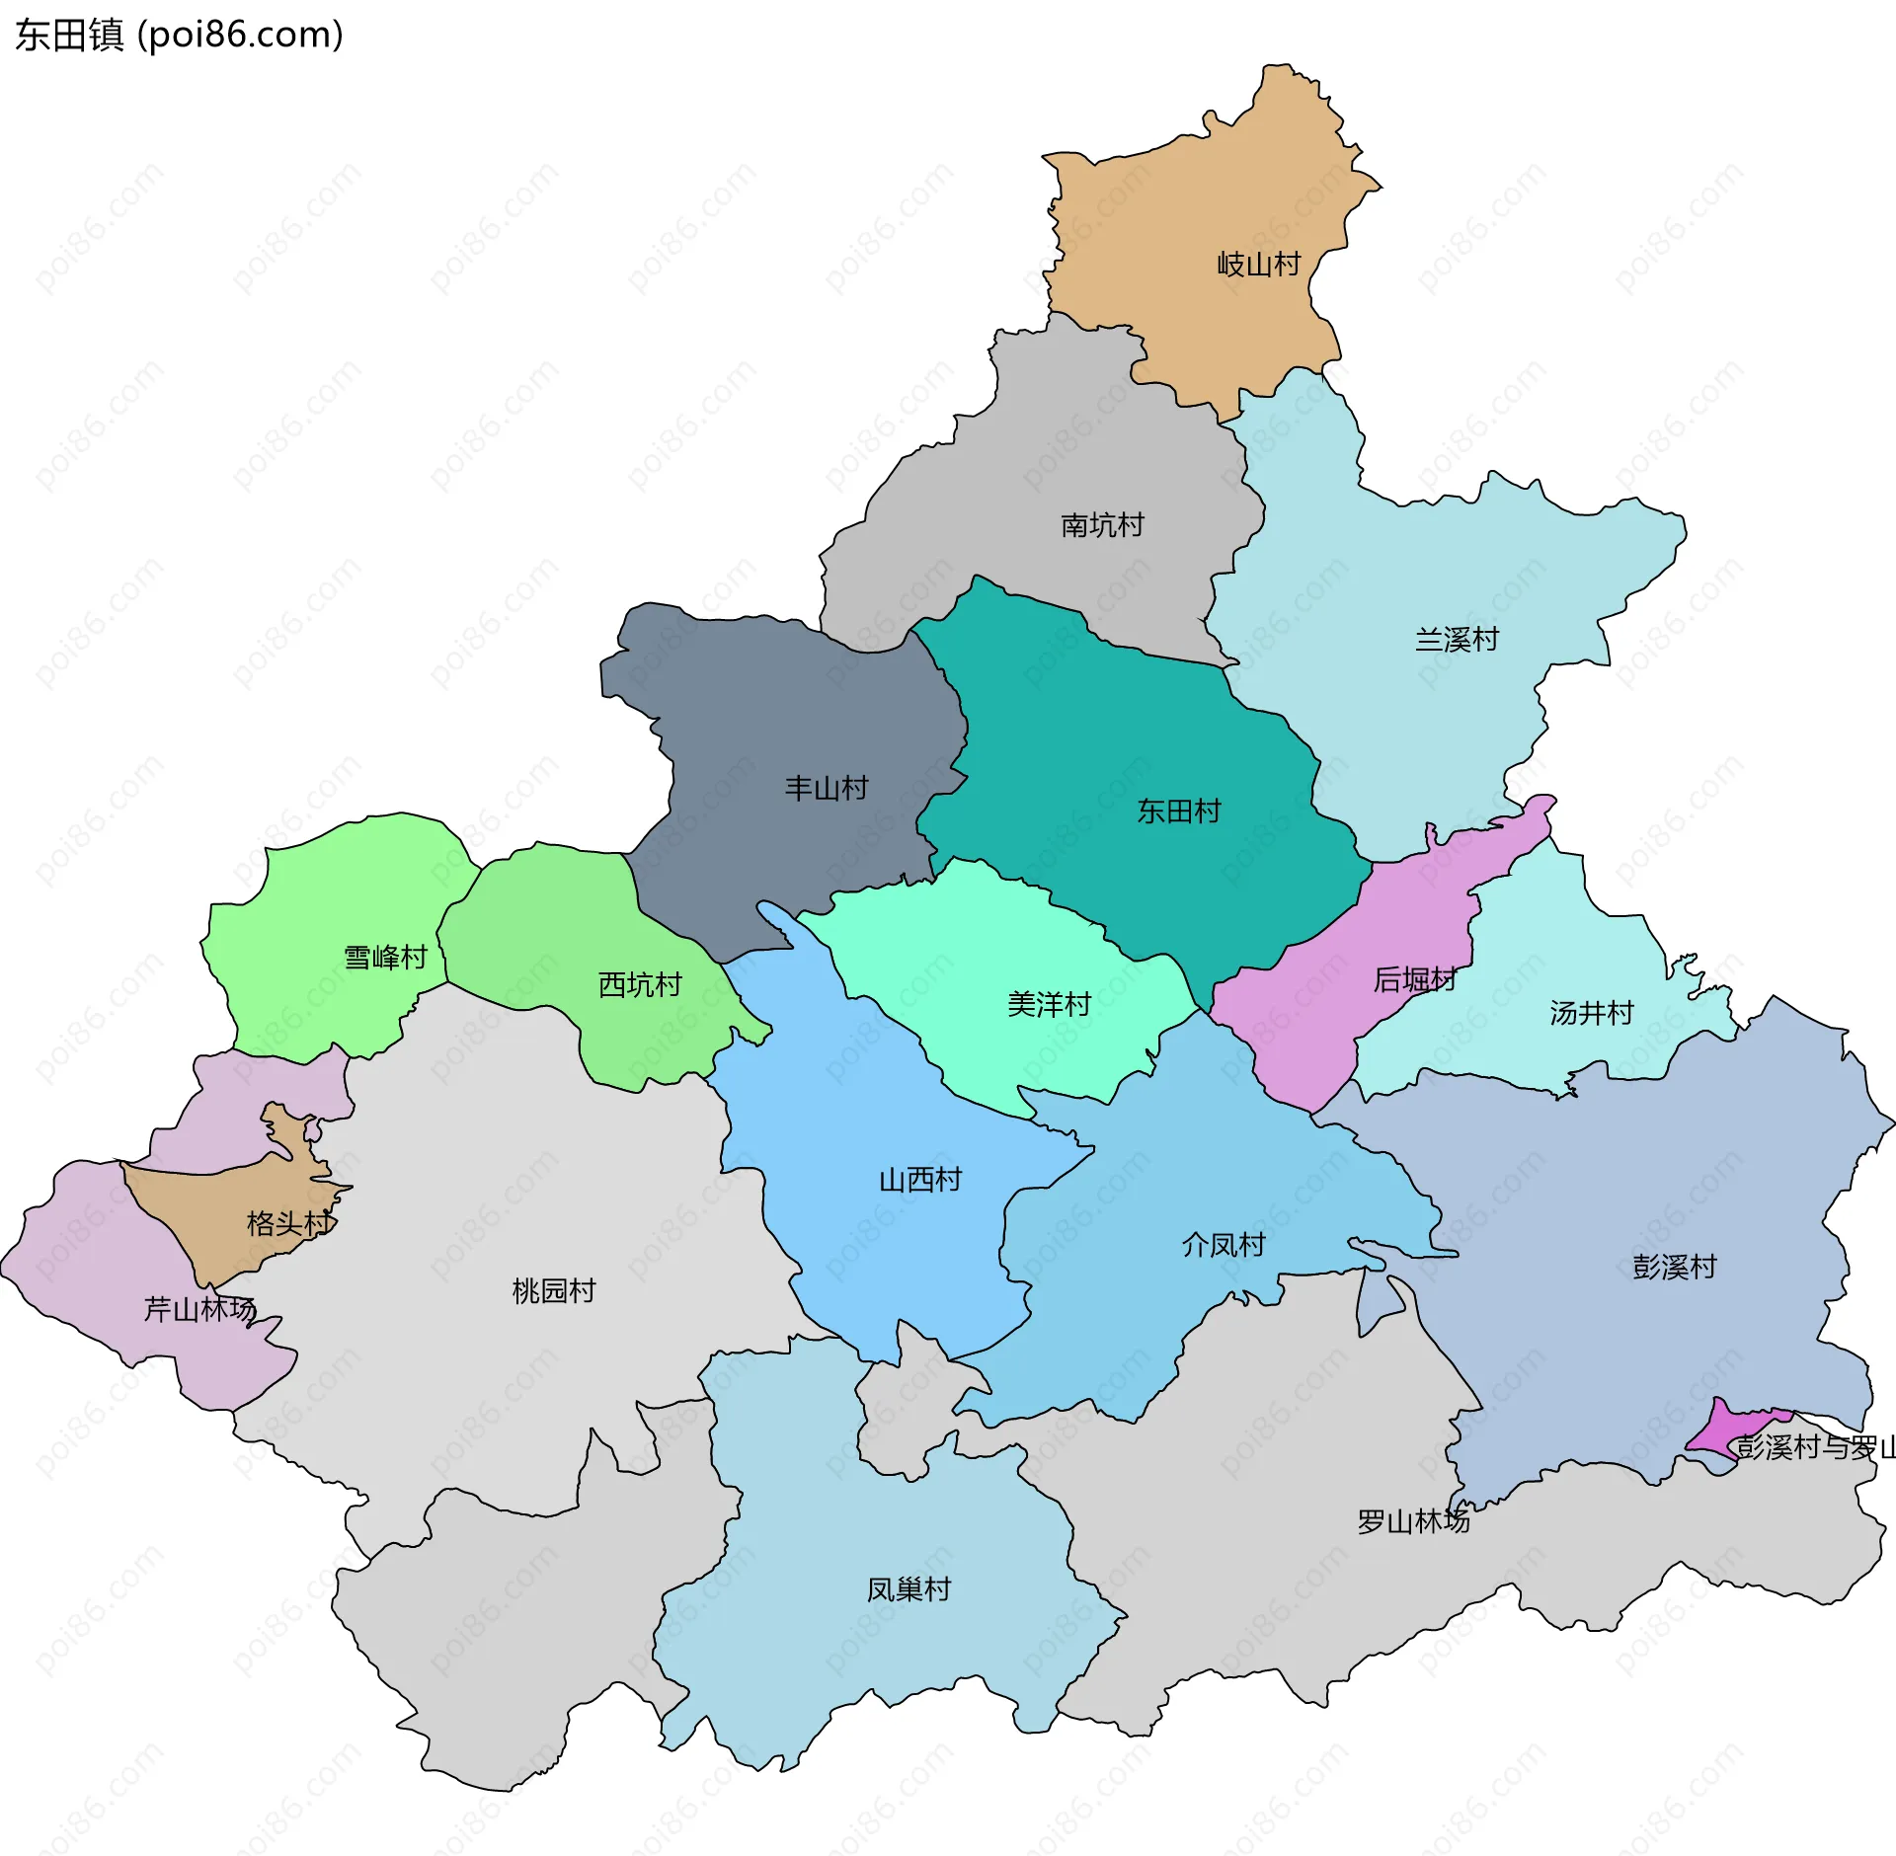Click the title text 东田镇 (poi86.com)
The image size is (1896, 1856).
pos(179,35)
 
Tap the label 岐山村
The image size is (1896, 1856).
pos(1258,265)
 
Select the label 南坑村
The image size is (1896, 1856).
pos(1102,525)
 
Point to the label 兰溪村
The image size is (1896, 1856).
pos(1457,640)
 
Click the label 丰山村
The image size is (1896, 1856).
pos(826,788)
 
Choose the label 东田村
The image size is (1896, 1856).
pos(1178,812)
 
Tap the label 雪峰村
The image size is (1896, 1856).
pos(385,958)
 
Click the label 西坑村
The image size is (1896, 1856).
pos(640,984)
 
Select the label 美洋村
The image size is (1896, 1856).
pos(1049,1005)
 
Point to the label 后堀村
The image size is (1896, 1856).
pos(1414,980)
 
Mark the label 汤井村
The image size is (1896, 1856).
pos(1591,1013)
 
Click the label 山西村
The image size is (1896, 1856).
pos(919,1180)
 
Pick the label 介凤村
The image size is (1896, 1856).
pos(1224,1245)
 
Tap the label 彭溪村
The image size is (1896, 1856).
pos(1674,1267)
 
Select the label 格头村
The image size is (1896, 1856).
pos(289,1224)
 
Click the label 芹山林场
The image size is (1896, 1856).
pos(199,1309)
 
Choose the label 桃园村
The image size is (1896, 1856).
pos(554,1290)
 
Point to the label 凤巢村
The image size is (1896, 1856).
pos(908,1589)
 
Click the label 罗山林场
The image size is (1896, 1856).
pos(1413,1521)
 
